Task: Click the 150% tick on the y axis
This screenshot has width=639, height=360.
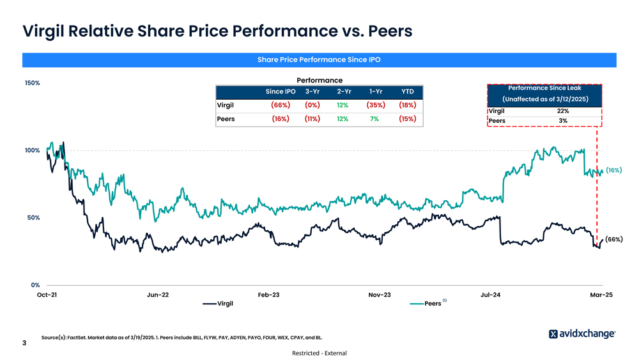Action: tap(33, 83)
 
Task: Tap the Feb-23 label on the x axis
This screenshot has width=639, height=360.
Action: tap(268, 295)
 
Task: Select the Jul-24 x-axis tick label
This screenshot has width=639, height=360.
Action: tap(491, 295)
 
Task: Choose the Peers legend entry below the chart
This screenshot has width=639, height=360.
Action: tap(433, 303)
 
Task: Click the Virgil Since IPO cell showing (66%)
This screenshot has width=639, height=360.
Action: tap(280, 105)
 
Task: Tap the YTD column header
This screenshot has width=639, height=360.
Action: tap(407, 91)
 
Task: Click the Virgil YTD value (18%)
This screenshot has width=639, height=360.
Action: tap(407, 105)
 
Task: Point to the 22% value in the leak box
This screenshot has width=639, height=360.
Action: tap(563, 111)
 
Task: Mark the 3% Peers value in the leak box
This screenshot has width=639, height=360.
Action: tap(563, 121)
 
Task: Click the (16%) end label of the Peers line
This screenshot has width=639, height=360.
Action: tap(613, 171)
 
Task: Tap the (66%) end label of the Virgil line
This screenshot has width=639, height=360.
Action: tap(613, 239)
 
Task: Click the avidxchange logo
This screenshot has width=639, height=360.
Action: tap(582, 334)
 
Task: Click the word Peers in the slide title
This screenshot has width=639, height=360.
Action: tap(380, 31)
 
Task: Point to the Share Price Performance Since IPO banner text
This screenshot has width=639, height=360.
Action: tap(319, 60)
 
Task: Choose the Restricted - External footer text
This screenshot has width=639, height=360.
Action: tap(319, 353)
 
